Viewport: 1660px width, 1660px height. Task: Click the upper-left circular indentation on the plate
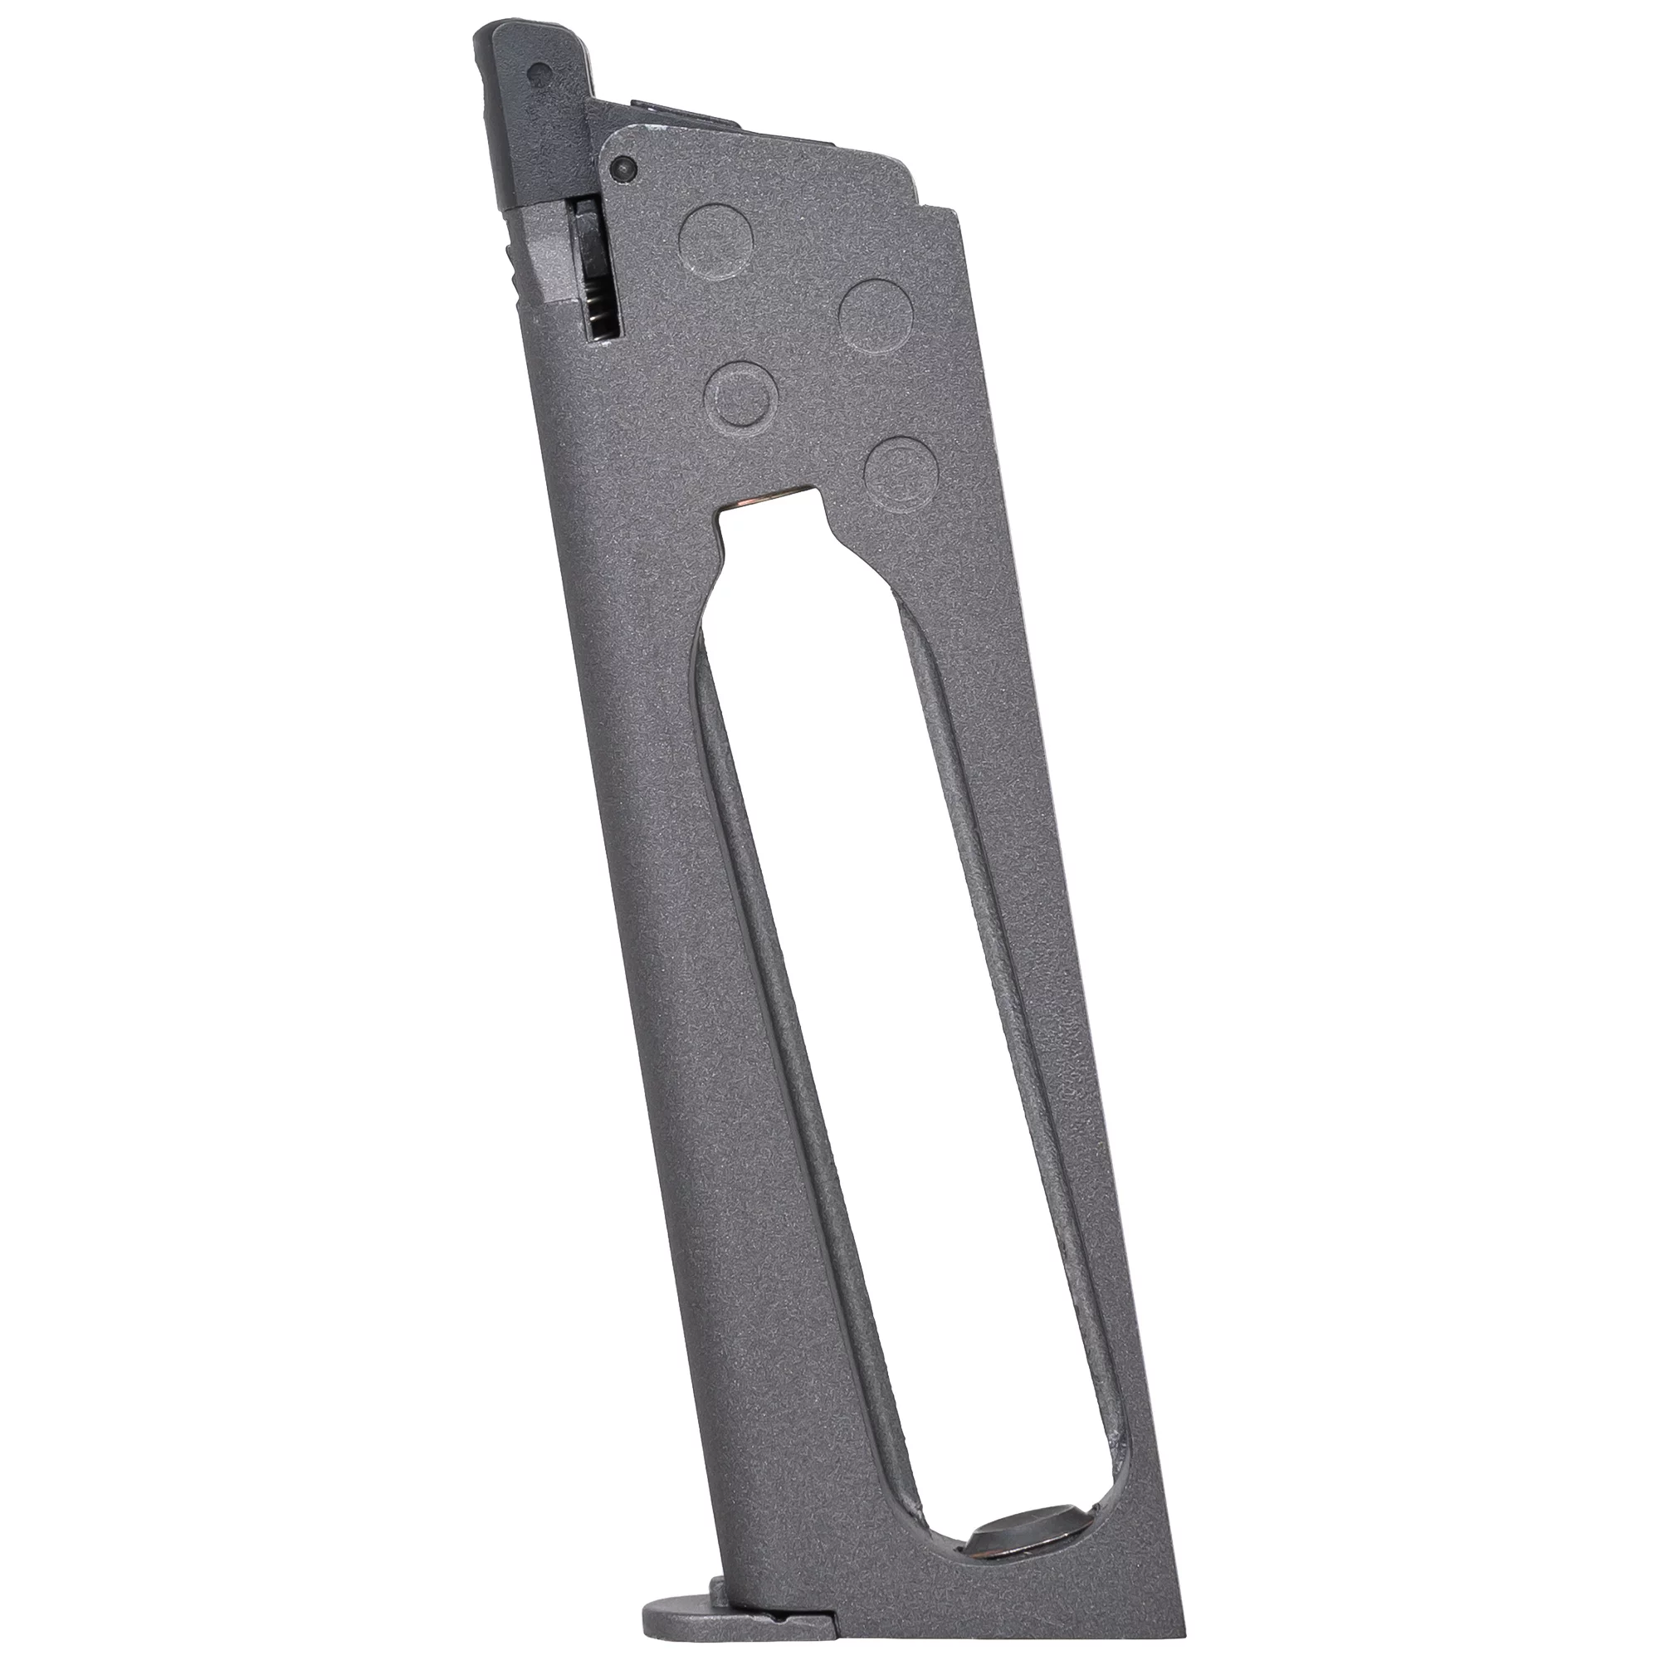coord(715,242)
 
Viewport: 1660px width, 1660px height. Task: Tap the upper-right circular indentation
coord(875,315)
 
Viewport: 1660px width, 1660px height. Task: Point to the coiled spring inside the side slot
coord(602,312)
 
